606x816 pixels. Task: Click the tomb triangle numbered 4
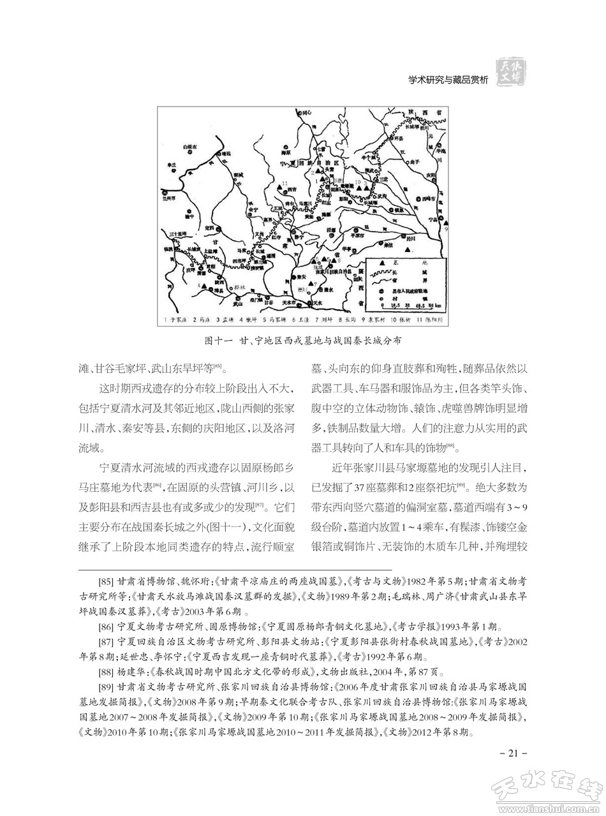(x=207, y=287)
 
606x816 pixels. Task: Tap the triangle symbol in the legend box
(x=382, y=263)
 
